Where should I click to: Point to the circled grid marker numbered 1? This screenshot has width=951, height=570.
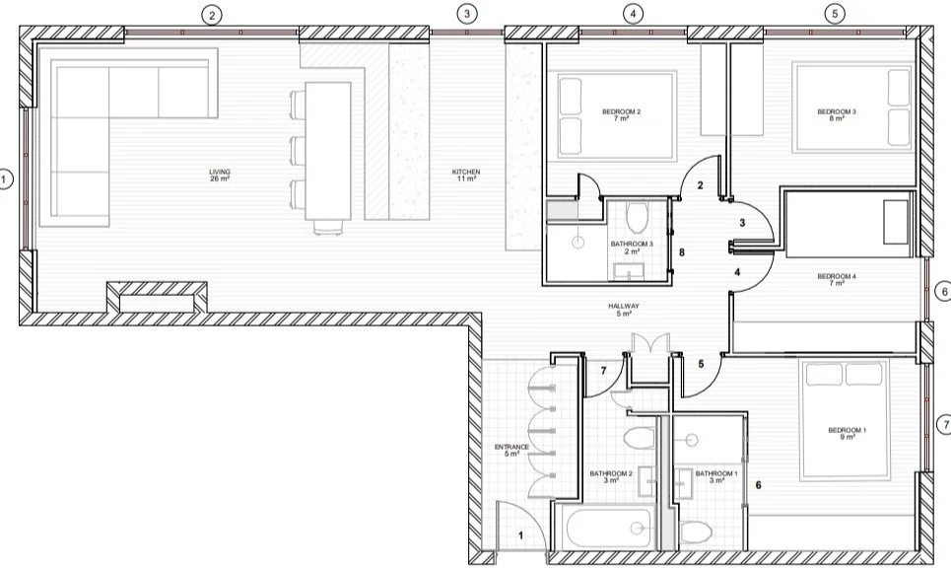[6, 179]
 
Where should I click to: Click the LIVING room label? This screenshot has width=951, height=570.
[219, 176]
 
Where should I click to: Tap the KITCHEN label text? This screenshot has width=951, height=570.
[466, 176]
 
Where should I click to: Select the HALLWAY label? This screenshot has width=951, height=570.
[625, 310]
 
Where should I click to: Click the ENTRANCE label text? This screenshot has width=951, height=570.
[511, 451]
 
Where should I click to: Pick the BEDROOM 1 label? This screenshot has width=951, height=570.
[848, 433]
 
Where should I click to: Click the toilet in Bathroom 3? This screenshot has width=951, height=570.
[636, 214]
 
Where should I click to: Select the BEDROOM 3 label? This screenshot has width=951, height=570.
[837, 115]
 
